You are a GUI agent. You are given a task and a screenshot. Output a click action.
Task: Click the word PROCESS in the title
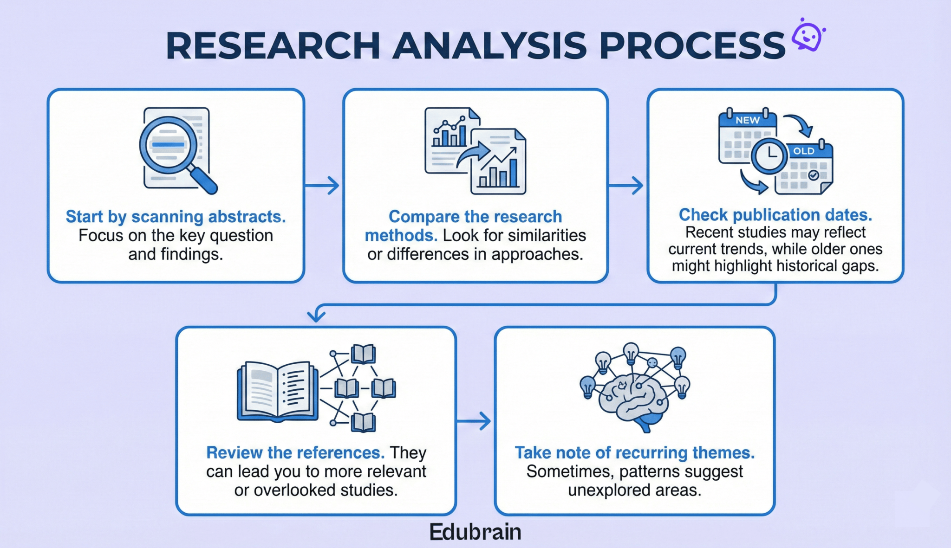pos(692,46)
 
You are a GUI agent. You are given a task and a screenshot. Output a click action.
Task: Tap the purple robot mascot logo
pos(808,35)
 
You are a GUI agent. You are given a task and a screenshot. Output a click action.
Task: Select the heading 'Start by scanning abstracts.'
pos(176,217)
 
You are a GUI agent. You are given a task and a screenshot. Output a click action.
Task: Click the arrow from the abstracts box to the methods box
pos(322,186)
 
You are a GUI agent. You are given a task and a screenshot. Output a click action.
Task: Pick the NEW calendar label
pos(747,120)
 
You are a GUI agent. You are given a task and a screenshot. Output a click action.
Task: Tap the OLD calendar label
pos(803,151)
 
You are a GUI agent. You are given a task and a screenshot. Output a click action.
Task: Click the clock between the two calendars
pos(769,155)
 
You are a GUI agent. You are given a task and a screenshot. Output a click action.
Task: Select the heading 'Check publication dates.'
pos(775,215)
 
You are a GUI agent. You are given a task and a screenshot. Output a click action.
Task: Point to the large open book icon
pos(277,391)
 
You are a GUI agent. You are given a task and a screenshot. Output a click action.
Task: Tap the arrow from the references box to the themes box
pos(474,421)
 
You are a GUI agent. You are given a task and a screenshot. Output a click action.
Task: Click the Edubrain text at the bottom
pos(475,532)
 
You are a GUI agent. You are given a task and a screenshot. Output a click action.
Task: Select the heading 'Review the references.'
pos(295,452)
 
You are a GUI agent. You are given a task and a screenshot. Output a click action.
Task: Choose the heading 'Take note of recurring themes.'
pos(634,452)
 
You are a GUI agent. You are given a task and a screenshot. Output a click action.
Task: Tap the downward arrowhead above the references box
pos(316,316)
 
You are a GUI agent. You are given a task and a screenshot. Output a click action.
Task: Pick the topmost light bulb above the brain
pos(631,352)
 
